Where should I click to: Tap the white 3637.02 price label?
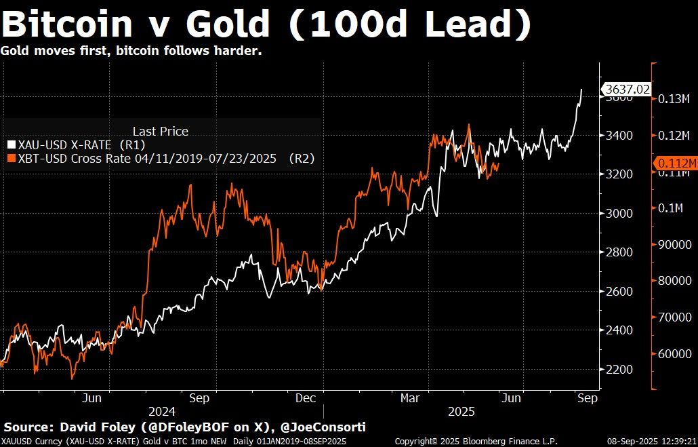(x=627, y=89)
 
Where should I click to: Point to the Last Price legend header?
(x=160, y=131)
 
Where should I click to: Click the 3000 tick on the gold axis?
(x=618, y=213)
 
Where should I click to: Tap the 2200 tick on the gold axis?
(x=618, y=369)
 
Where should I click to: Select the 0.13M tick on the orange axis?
(x=673, y=99)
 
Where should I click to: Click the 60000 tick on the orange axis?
(x=673, y=353)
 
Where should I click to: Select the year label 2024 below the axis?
(x=162, y=412)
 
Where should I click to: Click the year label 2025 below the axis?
(x=461, y=412)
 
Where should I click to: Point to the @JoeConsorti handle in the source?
(x=325, y=427)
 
